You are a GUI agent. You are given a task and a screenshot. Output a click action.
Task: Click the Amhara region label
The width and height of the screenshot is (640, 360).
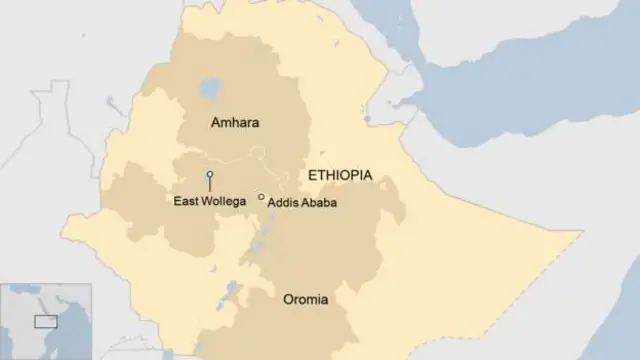pos(235,123)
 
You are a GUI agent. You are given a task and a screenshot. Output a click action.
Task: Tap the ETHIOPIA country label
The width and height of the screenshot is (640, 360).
pos(340,175)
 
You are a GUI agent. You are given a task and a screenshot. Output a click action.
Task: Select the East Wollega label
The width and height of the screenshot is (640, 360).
pos(210,202)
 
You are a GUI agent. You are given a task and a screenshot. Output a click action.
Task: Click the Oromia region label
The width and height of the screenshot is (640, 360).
pos(306,299)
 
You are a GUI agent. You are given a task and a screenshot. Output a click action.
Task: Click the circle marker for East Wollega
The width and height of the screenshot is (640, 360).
pos(210,175)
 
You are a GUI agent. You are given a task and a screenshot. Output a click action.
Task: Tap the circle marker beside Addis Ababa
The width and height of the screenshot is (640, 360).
pos(262,198)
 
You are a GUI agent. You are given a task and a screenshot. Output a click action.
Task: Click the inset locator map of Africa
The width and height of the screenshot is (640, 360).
pos(45,320)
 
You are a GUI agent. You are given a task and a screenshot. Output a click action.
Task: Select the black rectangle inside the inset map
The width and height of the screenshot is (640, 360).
pos(45,321)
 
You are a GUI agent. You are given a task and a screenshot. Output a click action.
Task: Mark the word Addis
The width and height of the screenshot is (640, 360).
pos(284,202)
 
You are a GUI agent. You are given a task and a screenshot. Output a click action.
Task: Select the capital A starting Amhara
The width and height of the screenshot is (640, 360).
pos(216,123)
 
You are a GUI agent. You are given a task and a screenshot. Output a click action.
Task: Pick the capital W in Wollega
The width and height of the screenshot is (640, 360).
pos(208,202)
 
